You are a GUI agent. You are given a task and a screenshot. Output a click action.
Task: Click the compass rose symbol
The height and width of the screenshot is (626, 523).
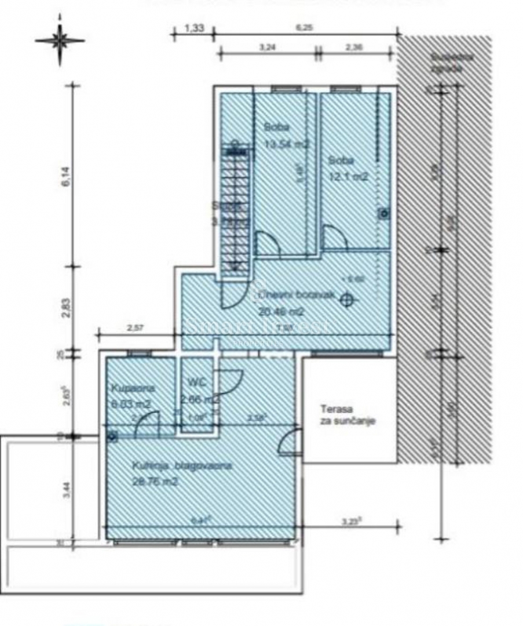(x=60, y=41)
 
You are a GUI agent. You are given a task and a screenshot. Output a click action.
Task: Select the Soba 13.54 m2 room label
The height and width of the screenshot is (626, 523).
(x=284, y=136)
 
